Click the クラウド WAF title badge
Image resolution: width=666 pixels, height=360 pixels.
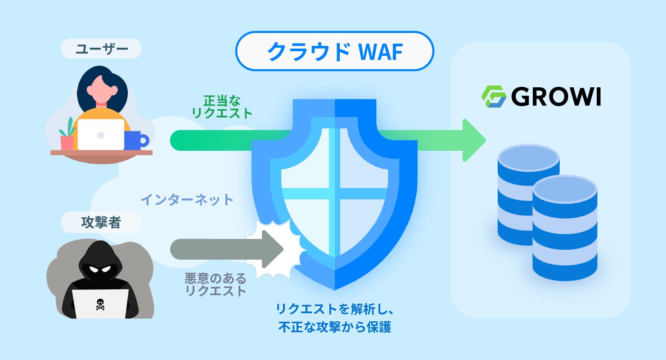334,51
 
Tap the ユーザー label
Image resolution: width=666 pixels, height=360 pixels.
101,49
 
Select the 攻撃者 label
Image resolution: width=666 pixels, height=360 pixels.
101,222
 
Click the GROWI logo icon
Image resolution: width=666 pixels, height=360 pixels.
494,96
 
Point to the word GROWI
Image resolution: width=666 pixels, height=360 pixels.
556,96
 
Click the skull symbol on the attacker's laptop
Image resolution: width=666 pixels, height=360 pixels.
100,305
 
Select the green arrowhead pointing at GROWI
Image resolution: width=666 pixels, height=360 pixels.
473,140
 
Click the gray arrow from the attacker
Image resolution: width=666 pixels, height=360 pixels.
225,248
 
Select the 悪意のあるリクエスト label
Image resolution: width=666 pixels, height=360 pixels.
216,284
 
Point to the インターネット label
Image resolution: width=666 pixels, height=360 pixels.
187,199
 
